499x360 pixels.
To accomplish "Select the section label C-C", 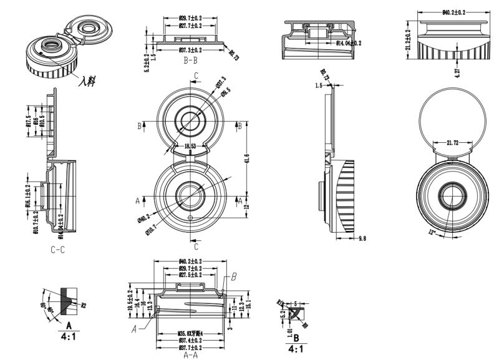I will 57,249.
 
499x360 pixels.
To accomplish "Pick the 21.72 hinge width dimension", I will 452,144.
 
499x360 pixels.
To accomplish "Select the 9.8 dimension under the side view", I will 363,238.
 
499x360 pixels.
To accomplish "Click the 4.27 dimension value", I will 457,71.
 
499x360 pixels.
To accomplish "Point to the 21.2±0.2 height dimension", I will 408,41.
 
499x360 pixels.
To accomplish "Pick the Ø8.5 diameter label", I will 226,91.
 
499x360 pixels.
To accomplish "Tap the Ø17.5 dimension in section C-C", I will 28,120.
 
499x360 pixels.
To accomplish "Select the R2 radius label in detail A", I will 82,304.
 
